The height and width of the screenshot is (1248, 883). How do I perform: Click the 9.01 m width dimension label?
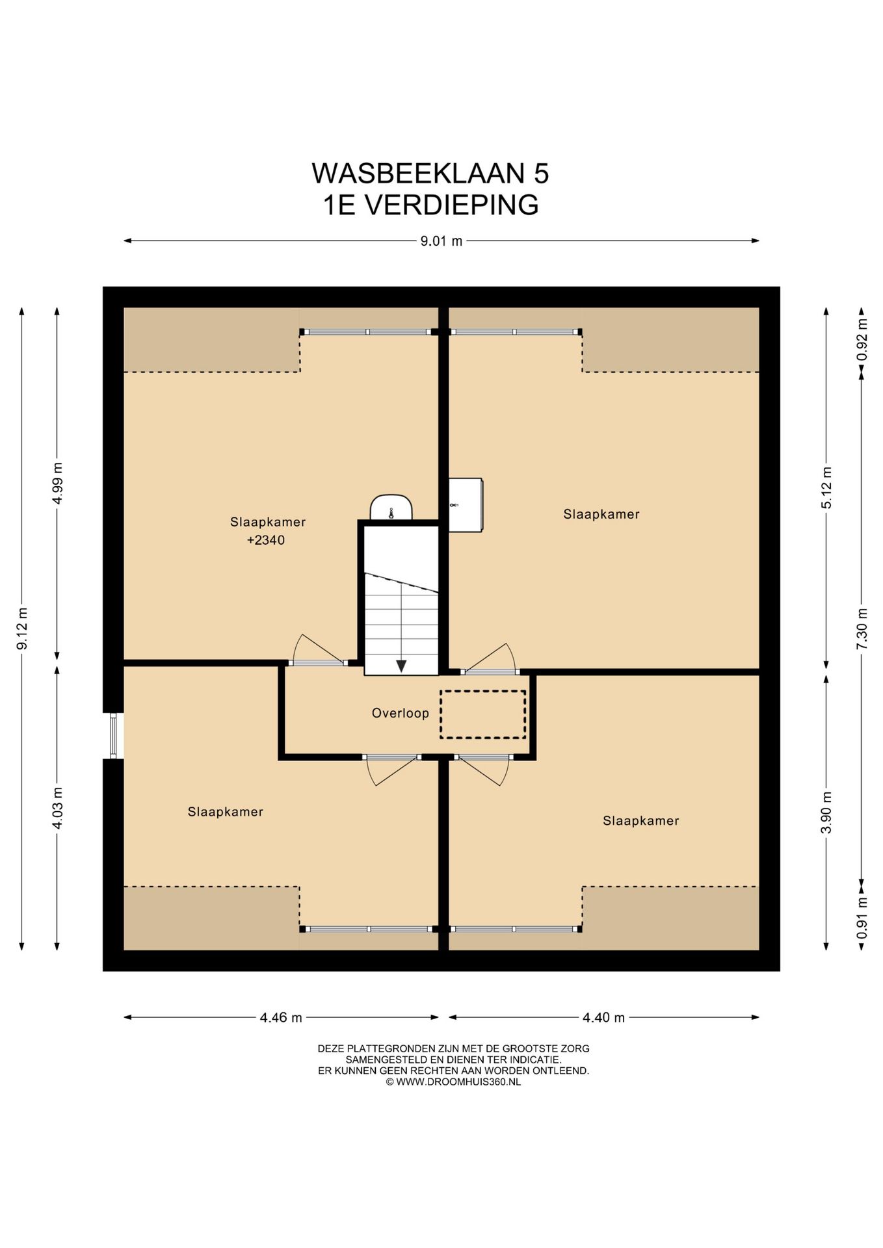[441, 241]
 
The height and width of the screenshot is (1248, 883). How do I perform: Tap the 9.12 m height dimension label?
[22, 629]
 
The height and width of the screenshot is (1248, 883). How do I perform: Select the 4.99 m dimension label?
[58, 483]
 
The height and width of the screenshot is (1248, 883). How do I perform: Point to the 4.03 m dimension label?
[58, 808]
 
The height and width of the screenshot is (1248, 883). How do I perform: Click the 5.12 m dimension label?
[826, 488]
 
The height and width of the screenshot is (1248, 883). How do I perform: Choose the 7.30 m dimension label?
[862, 629]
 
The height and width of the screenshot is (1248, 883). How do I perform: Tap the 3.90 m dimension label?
[826, 812]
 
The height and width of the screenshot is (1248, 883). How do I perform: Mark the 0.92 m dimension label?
[862, 339]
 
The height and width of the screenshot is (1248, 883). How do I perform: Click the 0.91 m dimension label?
[862, 918]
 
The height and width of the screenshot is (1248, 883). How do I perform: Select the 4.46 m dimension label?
[281, 1017]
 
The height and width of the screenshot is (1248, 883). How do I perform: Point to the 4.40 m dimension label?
[603, 1017]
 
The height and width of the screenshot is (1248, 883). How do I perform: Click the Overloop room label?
[401, 713]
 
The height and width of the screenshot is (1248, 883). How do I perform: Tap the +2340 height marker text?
[266, 539]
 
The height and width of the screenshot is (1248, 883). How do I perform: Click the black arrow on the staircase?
[401, 666]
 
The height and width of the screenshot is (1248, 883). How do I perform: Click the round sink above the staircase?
[391, 507]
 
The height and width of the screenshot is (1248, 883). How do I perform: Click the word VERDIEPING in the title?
[450, 205]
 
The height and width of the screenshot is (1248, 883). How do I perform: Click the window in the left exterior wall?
[113, 736]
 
